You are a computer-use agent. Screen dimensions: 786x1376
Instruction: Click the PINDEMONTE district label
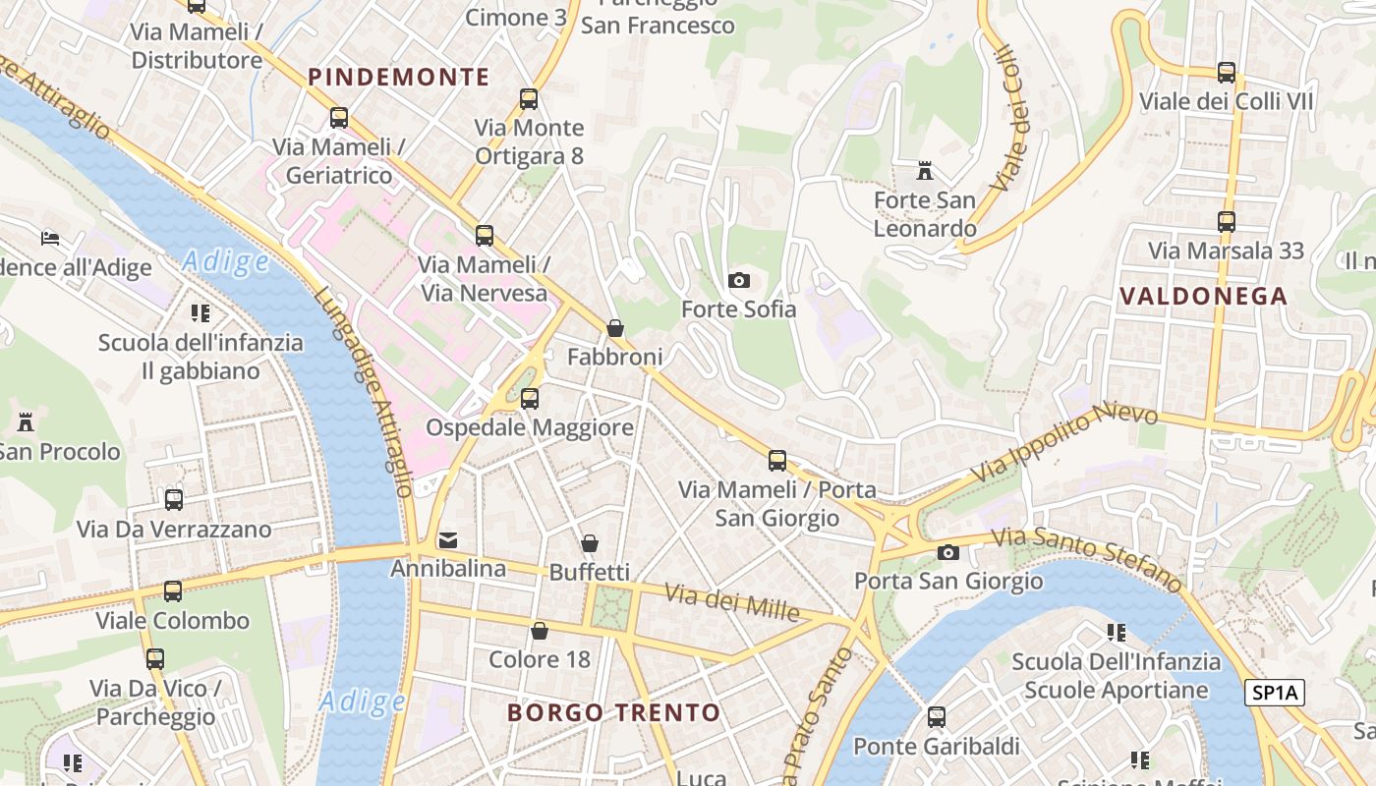[398, 77]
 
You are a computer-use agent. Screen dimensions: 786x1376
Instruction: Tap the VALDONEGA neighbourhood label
[1203, 296]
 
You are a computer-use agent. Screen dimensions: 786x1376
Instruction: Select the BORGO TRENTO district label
[613, 712]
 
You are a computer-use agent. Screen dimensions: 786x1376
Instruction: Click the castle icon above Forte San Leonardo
[924, 172]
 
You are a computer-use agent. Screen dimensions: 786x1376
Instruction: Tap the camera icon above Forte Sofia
[739, 281]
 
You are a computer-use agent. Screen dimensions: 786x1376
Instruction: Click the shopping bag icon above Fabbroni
[615, 328]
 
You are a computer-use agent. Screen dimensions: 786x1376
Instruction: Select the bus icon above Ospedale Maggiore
[530, 399]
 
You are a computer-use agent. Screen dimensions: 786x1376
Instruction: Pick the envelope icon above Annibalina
[448, 539]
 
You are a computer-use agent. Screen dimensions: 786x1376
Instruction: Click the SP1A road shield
[1274, 693]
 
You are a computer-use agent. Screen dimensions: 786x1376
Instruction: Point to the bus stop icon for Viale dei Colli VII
[1226, 73]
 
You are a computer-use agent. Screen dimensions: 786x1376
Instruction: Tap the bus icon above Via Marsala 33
[1226, 222]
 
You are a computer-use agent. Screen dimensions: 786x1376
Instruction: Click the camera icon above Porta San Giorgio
[948, 552]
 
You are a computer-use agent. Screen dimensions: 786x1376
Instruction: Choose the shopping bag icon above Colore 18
[540, 631]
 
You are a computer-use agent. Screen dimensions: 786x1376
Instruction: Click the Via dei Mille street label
[732, 602]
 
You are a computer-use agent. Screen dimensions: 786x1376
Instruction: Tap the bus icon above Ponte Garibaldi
[937, 717]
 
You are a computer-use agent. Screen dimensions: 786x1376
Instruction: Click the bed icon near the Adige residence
[50, 239]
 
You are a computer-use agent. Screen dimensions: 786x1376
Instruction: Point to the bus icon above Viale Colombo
[173, 591]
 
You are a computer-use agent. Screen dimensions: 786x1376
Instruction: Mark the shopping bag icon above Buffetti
[590, 543]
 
